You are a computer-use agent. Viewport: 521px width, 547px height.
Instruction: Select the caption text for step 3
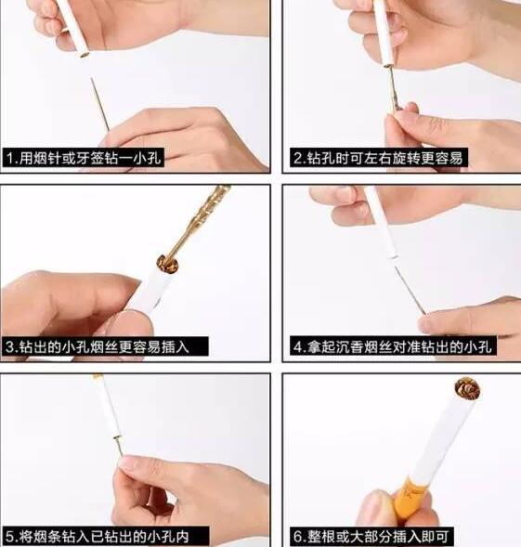[x=106, y=347]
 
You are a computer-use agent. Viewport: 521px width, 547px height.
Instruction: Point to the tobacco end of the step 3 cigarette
[x=168, y=264]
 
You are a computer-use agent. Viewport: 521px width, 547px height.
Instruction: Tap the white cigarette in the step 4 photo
[x=382, y=223]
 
